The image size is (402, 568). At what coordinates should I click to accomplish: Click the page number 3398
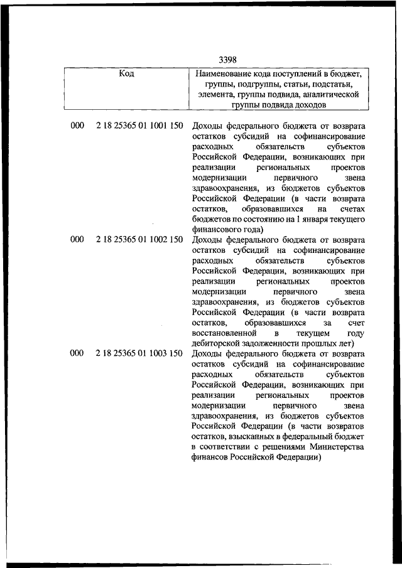coord(227,60)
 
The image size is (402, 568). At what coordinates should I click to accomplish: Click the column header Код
coord(126,74)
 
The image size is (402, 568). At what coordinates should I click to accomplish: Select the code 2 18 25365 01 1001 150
coord(139,126)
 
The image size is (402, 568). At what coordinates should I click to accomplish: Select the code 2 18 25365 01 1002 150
coord(139,239)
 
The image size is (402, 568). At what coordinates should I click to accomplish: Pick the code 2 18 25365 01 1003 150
coord(139,353)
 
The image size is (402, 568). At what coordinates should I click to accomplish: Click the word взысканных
coord(249,436)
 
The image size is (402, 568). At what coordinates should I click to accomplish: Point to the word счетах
coord(351,208)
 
